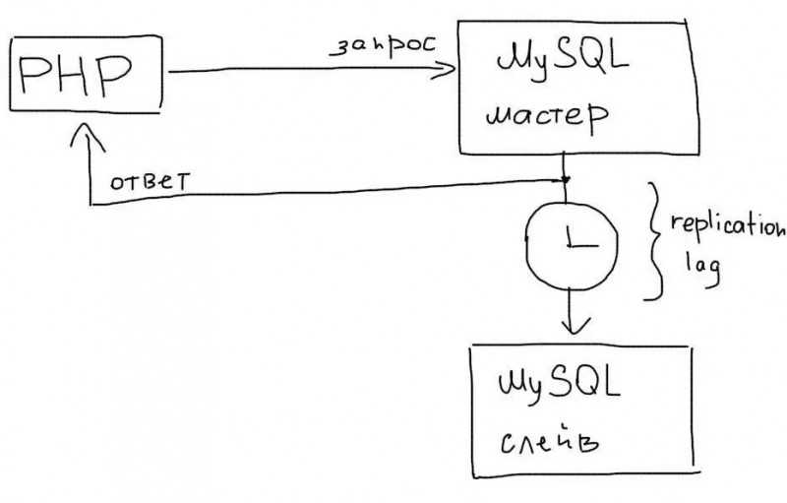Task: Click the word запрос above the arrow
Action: click(384, 45)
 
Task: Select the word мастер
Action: click(547, 117)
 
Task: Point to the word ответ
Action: click(151, 181)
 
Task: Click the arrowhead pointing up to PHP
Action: click(88, 137)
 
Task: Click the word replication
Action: click(728, 225)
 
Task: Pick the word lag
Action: click(703, 269)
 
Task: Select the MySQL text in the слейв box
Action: click(559, 386)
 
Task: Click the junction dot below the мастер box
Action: click(566, 179)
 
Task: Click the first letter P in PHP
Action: click(36, 74)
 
